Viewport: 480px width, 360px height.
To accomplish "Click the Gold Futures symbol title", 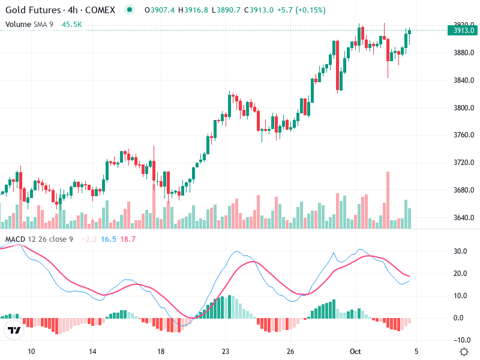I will tap(60, 10).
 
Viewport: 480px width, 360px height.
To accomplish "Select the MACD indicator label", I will tap(15, 239).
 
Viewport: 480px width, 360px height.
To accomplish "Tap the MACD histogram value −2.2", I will tap(89, 239).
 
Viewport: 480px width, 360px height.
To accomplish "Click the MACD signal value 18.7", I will tap(128, 239).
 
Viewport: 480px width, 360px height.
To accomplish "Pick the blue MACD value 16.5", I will tap(109, 239).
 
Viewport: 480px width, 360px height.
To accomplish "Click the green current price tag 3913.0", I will tap(464, 31).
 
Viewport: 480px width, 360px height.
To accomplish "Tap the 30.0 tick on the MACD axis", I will tap(460, 251).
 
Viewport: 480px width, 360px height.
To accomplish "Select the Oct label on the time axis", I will tap(355, 352).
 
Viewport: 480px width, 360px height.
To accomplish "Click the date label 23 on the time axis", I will tap(226, 352).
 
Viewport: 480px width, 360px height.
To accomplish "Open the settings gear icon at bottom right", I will tap(464, 352).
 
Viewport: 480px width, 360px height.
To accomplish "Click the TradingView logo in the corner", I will tap(14, 330).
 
